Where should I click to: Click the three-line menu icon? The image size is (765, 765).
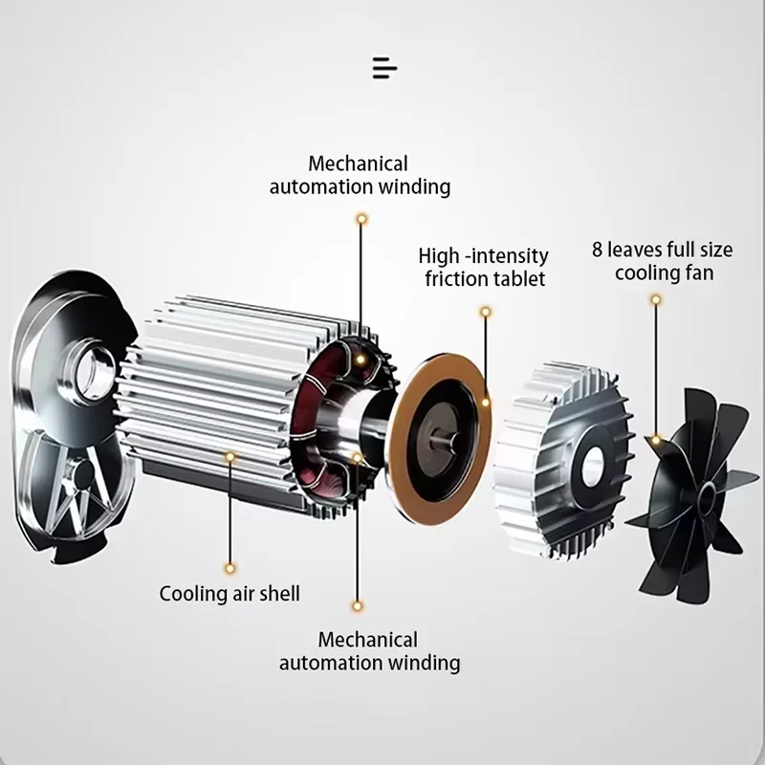click(383, 68)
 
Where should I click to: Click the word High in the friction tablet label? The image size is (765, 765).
click(440, 256)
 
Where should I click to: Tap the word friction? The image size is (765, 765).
click(455, 279)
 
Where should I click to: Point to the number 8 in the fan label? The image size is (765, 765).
click(598, 251)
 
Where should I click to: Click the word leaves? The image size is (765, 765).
click(636, 251)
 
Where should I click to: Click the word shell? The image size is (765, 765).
click(278, 594)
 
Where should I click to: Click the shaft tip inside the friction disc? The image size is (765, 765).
click(442, 442)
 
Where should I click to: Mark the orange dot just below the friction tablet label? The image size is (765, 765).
click(486, 312)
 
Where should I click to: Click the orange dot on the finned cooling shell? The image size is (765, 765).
click(229, 457)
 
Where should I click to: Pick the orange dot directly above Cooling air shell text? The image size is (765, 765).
click(229, 566)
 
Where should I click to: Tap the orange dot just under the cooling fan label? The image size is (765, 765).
click(655, 298)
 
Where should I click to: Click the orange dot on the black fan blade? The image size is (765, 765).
click(656, 441)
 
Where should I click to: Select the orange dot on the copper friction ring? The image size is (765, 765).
click(486, 403)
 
